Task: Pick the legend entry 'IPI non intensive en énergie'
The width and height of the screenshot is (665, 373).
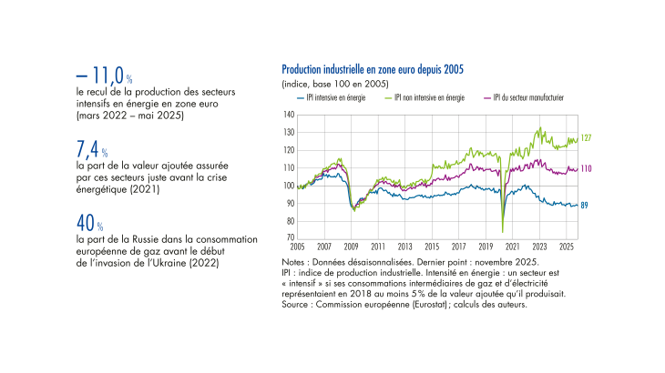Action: click(427, 97)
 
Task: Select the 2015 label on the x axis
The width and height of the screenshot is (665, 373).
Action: click(434, 247)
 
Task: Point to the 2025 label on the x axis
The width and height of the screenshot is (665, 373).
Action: click(567, 247)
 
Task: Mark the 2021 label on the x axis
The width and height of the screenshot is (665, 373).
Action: click(513, 247)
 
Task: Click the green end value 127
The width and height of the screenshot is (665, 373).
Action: click(587, 138)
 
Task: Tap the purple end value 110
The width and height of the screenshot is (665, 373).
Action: click(587, 169)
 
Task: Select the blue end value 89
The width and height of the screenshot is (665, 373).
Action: click(585, 206)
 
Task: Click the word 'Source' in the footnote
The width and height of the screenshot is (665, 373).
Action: click(297, 305)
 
